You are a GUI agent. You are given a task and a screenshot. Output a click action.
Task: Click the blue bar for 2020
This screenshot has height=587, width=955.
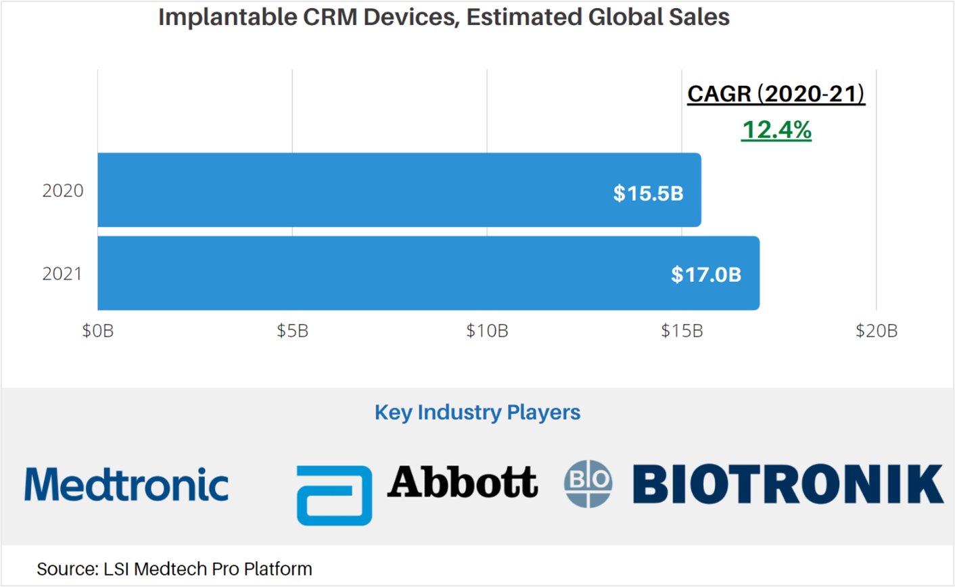click(x=399, y=190)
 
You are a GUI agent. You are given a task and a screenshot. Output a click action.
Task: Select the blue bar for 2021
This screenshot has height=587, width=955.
click(x=428, y=273)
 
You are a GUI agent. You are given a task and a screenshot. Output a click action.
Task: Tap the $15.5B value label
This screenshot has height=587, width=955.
click(x=648, y=193)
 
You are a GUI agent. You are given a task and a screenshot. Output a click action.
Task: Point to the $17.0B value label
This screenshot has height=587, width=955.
click(x=705, y=275)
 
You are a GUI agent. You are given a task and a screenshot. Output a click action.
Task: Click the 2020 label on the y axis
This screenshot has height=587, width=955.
click(x=63, y=191)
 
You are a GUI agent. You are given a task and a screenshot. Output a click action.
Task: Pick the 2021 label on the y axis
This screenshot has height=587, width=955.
click(x=62, y=274)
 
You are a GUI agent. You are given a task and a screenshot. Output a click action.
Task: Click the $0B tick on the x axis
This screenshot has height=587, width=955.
click(x=98, y=331)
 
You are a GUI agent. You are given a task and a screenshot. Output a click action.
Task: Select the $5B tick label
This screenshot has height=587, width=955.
click(x=292, y=331)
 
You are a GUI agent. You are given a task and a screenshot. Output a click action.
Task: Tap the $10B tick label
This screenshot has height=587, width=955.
click(x=487, y=331)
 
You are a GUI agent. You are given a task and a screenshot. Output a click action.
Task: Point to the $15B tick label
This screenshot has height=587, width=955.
click(x=682, y=331)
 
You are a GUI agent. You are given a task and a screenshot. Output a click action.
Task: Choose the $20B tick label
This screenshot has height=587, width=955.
click(x=876, y=331)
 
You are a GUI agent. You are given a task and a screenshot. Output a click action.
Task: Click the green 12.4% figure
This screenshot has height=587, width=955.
click(x=776, y=129)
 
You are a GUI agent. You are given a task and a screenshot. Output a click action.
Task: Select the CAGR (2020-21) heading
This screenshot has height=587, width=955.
click(x=776, y=94)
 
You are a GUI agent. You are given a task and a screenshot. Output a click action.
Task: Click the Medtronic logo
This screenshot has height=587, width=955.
click(x=126, y=484)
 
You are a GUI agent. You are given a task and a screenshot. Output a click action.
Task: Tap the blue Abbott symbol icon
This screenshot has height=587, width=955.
click(x=334, y=495)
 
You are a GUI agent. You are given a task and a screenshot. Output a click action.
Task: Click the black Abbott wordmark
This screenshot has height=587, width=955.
click(x=463, y=482)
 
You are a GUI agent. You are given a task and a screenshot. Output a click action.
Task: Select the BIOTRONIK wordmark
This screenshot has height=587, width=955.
click(x=788, y=484)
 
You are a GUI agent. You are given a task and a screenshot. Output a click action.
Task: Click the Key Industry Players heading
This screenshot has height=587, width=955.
click(x=477, y=413)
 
